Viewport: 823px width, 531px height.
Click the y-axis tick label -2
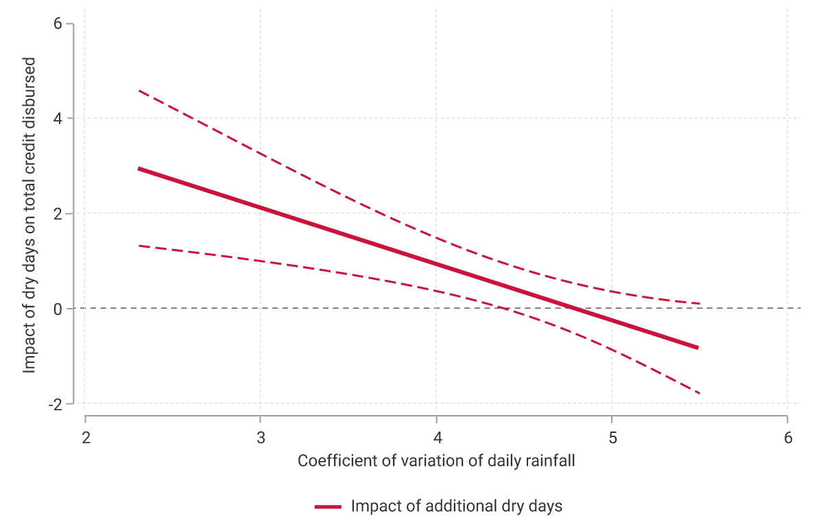[x=55, y=403]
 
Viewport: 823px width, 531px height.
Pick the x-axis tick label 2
[x=85, y=438]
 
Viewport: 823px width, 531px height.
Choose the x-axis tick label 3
[x=261, y=438]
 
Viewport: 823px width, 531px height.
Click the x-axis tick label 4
[x=436, y=438]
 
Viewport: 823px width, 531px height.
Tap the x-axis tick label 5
[x=612, y=438]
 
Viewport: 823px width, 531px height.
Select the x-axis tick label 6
[x=787, y=438]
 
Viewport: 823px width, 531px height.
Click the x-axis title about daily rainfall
[x=436, y=461]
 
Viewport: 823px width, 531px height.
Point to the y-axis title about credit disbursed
[x=29, y=214]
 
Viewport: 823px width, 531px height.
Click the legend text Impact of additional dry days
[x=456, y=506]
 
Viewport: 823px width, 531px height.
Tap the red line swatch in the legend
[x=329, y=507]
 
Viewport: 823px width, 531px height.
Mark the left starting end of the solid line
[x=139, y=168]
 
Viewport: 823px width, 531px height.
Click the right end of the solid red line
[x=698, y=348]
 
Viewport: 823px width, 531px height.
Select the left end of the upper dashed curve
[x=139, y=91]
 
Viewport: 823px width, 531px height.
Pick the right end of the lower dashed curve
[x=699, y=393]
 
